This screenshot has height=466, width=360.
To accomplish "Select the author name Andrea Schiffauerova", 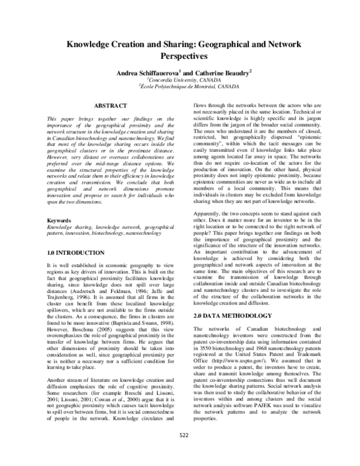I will click(149, 72).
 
